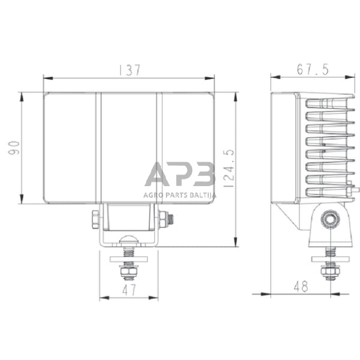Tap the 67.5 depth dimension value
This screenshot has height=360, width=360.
click(x=312, y=69)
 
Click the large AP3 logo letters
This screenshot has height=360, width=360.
click(x=179, y=174)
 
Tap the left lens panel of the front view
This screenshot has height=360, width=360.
click(x=70, y=147)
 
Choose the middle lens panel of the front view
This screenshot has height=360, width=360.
click(x=128, y=147)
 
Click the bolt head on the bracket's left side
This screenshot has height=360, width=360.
click(x=95, y=218)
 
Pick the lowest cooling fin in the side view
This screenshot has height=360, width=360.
click(x=328, y=192)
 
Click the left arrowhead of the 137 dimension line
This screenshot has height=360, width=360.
click(x=45, y=78)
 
